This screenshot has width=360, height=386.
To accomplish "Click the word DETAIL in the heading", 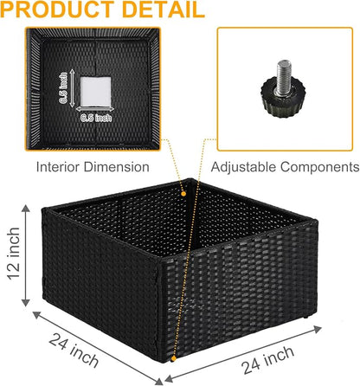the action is click(164, 10).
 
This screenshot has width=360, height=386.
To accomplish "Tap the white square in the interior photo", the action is click(95, 92).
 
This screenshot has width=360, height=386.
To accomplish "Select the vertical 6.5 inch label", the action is click(63, 88).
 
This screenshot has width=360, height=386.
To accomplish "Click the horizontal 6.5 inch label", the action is click(96, 118).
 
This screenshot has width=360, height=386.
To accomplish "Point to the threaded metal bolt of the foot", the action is click(284, 77).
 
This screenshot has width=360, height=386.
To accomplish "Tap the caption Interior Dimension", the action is click(93, 167).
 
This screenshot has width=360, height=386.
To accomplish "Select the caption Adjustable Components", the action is click(285, 167).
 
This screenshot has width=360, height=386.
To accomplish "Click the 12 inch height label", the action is click(14, 254).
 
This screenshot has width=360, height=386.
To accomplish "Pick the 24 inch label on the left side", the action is click(74, 350).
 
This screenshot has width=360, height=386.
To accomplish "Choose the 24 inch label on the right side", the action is click(268, 360).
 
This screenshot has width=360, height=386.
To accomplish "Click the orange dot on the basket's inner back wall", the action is click(183, 194).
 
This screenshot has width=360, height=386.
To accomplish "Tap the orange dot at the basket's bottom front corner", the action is click(173, 358).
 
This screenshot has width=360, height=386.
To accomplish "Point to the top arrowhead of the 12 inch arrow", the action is click(26, 208).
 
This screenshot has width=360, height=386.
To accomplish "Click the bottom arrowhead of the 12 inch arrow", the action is click(26, 303).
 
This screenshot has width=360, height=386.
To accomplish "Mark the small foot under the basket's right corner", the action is click(305, 317).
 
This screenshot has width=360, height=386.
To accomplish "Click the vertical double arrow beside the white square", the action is click(72, 88).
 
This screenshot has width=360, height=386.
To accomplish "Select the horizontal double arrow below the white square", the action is click(95, 109).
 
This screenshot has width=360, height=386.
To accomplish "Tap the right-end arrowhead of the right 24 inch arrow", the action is click(318, 329).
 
